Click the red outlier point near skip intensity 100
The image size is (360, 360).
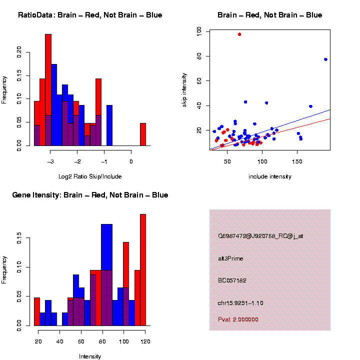[x=239, y=34]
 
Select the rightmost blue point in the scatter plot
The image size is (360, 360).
[x=325, y=59]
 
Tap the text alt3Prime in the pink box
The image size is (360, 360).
[x=230, y=258]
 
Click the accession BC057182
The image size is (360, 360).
[x=232, y=280]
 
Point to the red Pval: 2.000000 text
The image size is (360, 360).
[x=238, y=319]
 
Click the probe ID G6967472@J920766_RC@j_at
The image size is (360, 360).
[x=260, y=236]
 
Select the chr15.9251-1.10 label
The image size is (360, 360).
[x=240, y=303]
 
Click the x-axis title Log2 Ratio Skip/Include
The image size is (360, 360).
[x=90, y=176]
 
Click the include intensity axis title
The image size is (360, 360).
[x=269, y=176]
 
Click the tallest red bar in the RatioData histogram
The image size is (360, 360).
[x=48, y=90]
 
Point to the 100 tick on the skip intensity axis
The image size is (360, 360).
[x=199, y=31]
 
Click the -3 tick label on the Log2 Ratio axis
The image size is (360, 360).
[x=50, y=161]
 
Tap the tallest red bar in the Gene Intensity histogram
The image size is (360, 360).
[x=143, y=270]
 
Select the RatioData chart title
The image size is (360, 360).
[x=90, y=15]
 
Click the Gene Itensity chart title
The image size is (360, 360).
[x=90, y=195]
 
